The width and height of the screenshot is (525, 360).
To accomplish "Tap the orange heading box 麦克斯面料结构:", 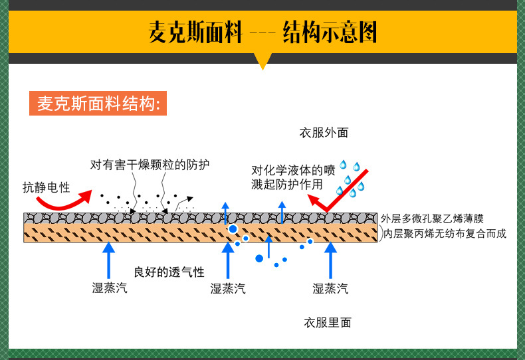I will click(98, 104).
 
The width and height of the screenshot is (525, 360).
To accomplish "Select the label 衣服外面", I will click(324, 133).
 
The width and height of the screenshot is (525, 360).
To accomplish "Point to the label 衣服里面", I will click(327, 323).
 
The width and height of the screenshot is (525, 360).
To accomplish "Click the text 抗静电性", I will click(46, 187).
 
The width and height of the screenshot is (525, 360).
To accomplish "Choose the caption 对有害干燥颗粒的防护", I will click(150, 164).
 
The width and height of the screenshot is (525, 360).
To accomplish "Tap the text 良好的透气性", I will click(169, 272).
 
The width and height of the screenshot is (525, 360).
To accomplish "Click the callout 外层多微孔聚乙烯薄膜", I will click(442, 219).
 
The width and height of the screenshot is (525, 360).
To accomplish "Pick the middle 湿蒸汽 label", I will click(228, 288).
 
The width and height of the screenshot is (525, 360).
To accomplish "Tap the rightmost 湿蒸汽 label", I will click(330, 288).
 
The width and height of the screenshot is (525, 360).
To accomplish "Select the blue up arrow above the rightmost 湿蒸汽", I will click(330, 260).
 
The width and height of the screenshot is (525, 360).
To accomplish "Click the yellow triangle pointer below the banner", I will click(263, 61).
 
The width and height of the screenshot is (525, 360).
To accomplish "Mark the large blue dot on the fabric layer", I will click(233, 229).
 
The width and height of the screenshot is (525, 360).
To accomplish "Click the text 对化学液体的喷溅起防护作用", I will click(287, 177).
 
